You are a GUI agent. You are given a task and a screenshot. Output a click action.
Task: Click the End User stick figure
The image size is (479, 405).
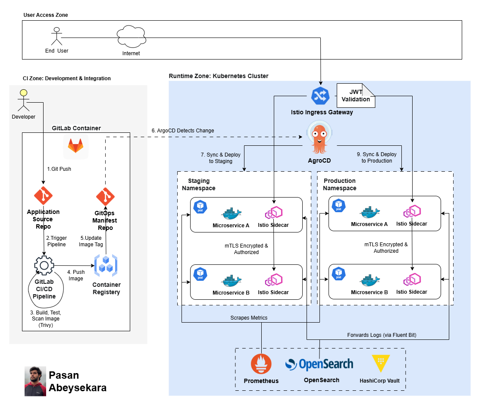(56, 36)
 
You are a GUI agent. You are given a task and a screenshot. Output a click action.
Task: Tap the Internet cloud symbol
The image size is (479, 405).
(131, 37)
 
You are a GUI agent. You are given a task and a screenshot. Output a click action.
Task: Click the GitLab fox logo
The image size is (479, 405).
(75, 147)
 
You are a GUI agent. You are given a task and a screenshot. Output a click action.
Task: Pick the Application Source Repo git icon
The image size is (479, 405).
(43, 196)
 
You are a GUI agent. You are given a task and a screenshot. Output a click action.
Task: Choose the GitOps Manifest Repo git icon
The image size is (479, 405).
(105, 197)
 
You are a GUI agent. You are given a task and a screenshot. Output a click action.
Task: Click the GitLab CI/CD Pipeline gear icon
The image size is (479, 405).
(44, 265)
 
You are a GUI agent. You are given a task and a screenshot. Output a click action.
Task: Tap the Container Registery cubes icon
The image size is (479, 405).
(106, 266)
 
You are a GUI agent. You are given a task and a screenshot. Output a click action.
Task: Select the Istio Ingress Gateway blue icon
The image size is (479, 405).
(320, 96)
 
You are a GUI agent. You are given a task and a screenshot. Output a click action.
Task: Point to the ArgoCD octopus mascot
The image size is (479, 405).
(319, 137)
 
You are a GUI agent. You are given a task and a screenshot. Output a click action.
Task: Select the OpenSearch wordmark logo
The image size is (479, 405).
(319, 364)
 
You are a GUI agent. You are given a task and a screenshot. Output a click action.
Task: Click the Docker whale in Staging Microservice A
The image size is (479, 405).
(231, 213)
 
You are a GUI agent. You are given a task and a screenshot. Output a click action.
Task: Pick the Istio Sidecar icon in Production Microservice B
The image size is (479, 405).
(412, 280)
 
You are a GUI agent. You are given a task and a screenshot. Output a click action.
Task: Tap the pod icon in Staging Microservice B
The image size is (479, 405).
(200, 274)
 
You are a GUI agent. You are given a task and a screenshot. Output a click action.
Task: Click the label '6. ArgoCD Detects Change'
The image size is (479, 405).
(183, 131)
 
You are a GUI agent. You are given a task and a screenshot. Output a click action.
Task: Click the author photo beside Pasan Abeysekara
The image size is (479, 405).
(35, 381)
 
